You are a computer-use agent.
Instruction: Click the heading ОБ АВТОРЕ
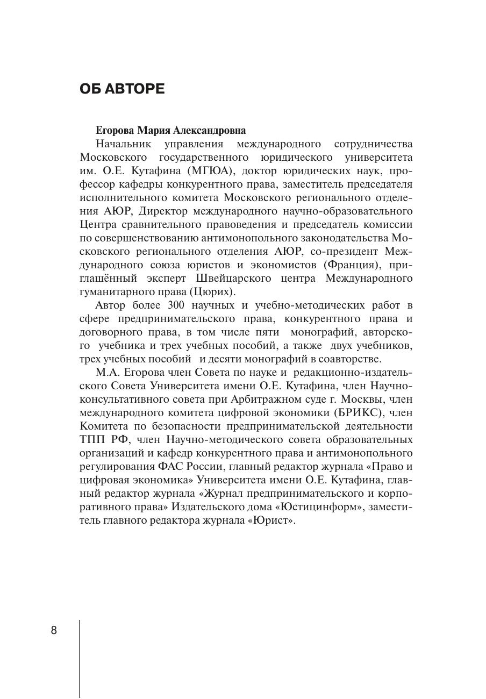(122, 89)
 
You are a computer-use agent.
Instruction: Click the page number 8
(54, 630)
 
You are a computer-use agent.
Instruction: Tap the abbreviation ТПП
(93, 440)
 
